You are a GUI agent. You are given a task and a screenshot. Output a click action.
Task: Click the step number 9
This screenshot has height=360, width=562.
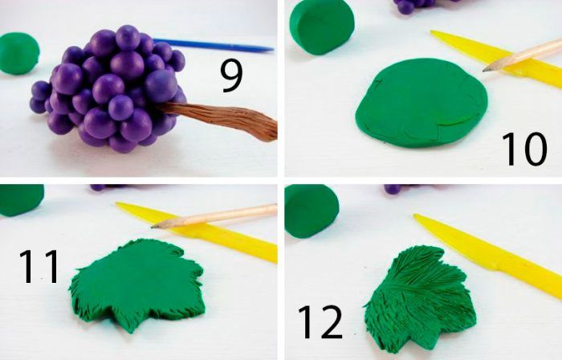point(231,76)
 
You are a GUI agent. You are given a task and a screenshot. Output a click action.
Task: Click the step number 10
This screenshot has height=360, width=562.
point(524,149)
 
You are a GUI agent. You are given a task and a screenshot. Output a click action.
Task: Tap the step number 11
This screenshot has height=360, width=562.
point(39,267)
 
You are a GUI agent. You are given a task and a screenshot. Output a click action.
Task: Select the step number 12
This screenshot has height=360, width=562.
point(320,322)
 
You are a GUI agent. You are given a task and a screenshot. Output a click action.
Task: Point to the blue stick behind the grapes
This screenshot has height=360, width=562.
point(214,45)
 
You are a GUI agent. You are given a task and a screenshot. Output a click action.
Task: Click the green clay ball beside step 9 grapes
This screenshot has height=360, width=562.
point(19,53)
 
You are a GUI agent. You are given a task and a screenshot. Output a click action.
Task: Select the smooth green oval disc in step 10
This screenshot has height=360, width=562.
point(421,103)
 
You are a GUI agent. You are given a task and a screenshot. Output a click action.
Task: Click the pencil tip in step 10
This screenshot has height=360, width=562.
point(485,69)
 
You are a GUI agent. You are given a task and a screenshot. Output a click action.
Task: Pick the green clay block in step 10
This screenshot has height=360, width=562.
point(321,27)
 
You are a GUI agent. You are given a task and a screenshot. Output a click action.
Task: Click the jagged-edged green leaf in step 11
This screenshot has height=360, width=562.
point(137,284)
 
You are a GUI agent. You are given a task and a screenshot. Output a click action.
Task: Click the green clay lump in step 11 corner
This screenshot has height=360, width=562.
point(21,200)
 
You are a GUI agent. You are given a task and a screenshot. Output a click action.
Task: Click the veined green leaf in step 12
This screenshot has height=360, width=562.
point(420,298)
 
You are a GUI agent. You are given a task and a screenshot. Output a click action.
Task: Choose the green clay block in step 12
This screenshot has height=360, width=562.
point(312,211)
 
